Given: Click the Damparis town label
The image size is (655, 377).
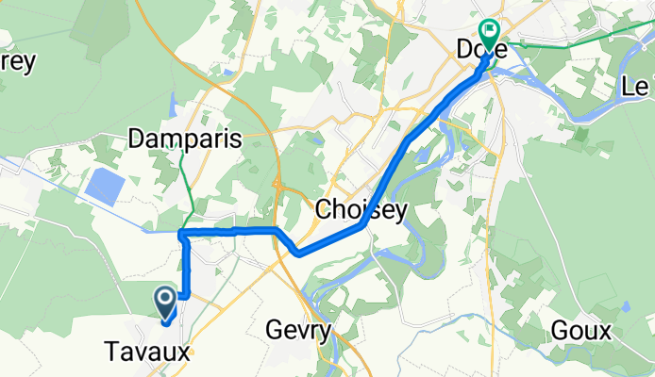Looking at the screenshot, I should click(185, 138).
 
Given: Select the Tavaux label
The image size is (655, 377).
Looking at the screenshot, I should click(146, 352).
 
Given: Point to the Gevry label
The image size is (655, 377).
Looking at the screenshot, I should click(298, 331).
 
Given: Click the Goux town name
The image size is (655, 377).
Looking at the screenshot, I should click(581, 331).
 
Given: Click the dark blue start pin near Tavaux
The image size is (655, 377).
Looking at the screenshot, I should click(164, 303).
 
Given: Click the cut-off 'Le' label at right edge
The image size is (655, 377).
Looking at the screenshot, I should click(637, 87).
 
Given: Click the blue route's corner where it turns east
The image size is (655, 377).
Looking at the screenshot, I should click(182, 232).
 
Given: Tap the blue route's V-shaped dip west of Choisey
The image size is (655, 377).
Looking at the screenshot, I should click(297, 253).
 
